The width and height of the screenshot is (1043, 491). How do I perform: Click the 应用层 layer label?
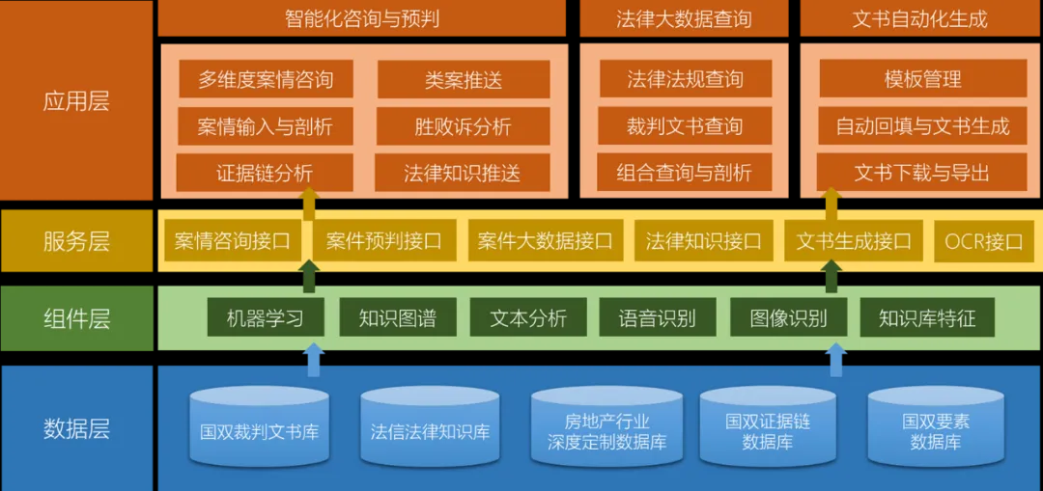pyautogui.click(x=76, y=101)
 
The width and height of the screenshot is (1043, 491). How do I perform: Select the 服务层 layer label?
pyautogui.click(x=76, y=241)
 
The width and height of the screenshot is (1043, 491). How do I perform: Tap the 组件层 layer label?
pyautogui.click(x=76, y=318)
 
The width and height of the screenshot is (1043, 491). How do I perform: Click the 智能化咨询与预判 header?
pyautogui.click(x=362, y=19)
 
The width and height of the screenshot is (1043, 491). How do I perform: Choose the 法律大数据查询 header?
pyautogui.click(x=684, y=19)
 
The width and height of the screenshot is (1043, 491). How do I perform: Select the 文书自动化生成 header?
pyautogui.click(x=920, y=19)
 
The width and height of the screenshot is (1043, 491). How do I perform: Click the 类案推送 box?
pyautogui.click(x=464, y=79)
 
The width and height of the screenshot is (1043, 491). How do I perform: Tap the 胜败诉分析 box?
pyautogui.click(x=464, y=126)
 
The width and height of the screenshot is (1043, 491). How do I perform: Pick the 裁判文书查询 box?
pyautogui.click(x=684, y=126)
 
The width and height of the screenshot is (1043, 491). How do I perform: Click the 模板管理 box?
pyautogui.click(x=922, y=79)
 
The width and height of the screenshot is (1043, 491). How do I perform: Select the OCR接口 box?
pyautogui.click(x=983, y=241)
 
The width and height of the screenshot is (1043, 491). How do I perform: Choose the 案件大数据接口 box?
pyautogui.click(x=545, y=241)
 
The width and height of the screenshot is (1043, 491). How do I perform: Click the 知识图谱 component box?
pyautogui.click(x=397, y=318)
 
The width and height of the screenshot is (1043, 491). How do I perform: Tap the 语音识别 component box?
pyautogui.click(x=657, y=318)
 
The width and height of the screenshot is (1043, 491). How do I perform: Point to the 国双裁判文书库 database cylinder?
pyautogui.click(x=260, y=428)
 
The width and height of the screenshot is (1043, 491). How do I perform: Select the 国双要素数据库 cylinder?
pyautogui.click(x=935, y=430)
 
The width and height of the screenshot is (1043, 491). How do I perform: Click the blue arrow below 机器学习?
pyautogui.click(x=313, y=359)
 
